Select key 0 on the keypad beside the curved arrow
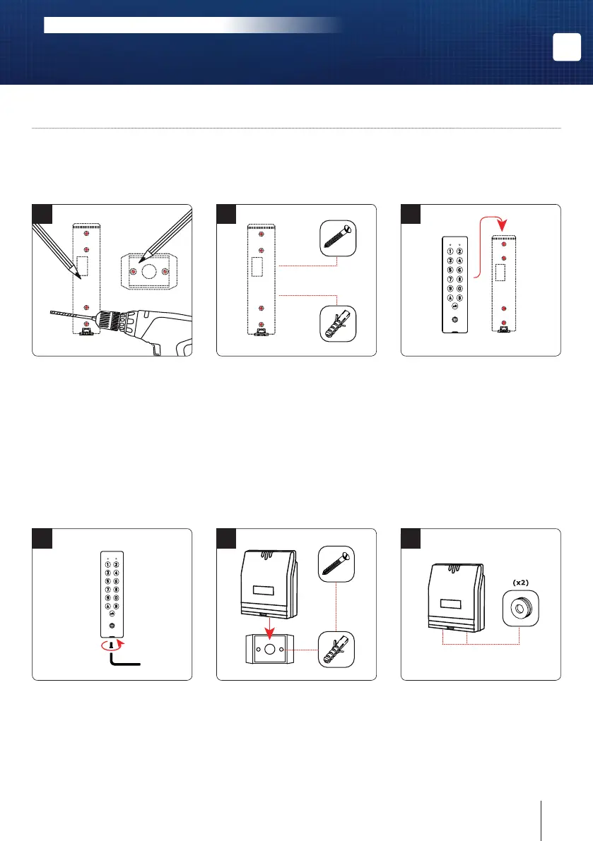point(459,287)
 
